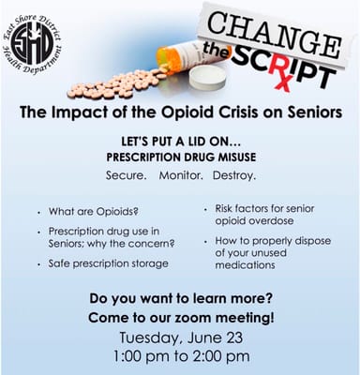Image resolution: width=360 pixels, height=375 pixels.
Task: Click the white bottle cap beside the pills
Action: [212, 81]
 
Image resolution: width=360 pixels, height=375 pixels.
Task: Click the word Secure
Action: [127, 175]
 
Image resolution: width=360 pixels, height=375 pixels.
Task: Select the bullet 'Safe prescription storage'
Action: [109, 263]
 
